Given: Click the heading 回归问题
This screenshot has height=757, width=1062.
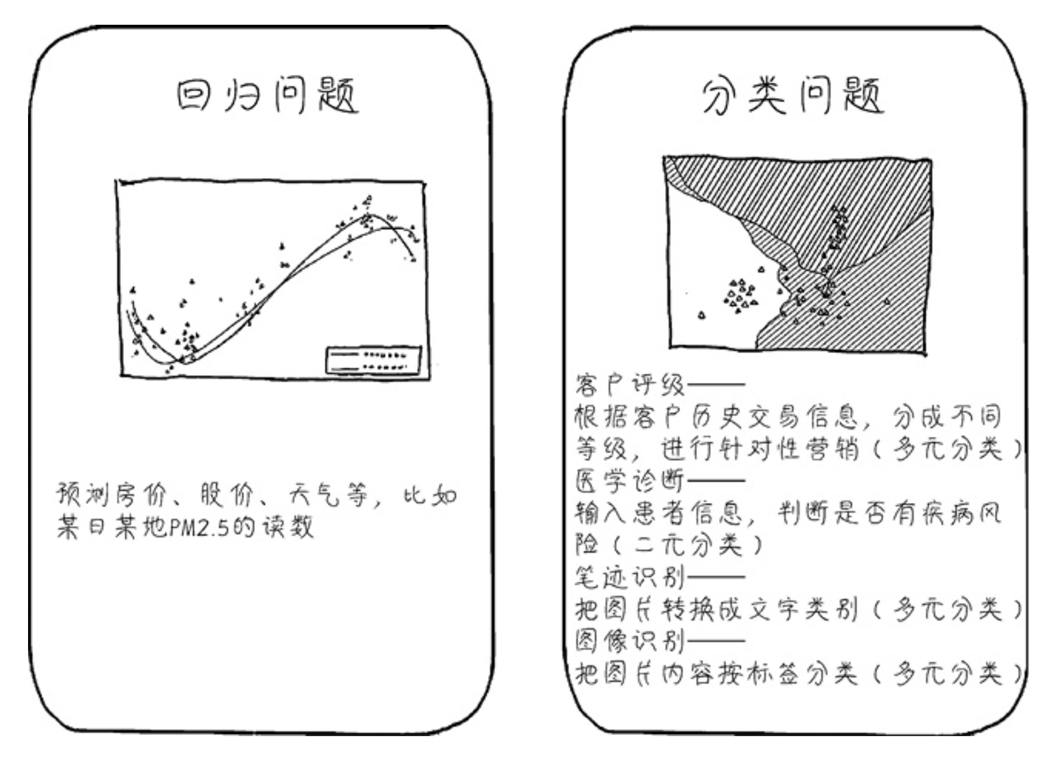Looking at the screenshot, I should pos(268,96).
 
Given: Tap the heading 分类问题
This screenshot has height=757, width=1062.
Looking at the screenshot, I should pos(793,96).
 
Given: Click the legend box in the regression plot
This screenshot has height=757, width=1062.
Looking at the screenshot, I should pos(374,360).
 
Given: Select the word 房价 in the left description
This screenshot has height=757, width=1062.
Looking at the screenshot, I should pos(140,495).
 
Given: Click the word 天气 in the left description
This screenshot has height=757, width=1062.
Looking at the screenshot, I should pos(313,495).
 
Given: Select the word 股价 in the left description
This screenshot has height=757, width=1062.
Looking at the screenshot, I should pos(226,495).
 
